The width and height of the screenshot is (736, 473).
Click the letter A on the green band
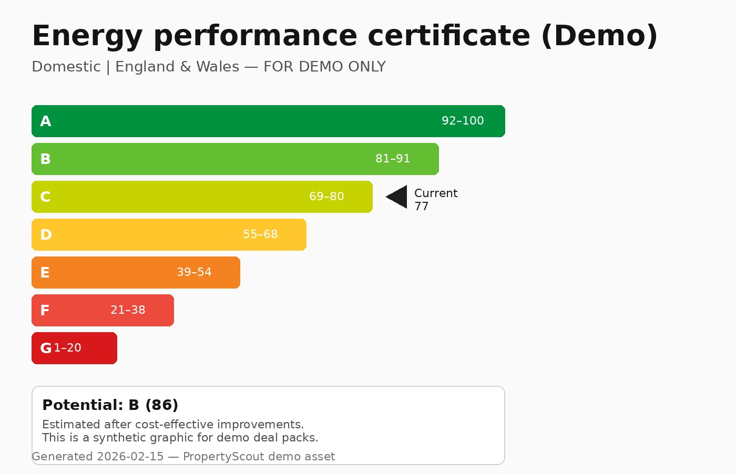(46, 121)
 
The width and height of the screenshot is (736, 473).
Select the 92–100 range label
(463, 121)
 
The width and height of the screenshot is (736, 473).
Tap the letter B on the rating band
(46, 159)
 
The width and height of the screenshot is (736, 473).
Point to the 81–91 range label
(393, 159)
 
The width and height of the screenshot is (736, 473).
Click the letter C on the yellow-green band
(46, 197)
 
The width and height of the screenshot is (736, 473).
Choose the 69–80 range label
(326, 197)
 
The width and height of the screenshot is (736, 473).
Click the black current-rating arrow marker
(398, 197)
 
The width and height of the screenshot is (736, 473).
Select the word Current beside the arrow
(436, 193)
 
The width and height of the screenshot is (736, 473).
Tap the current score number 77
(422, 207)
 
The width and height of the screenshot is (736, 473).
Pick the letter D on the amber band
(46, 235)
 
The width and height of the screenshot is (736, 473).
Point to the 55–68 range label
(260, 234)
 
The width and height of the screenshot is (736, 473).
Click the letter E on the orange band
(45, 273)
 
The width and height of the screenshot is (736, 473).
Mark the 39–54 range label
(194, 272)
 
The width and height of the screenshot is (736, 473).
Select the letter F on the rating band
(45, 311)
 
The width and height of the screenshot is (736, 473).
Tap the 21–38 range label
(128, 310)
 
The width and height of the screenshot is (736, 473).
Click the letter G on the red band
(46, 348)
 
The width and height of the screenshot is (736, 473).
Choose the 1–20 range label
(68, 348)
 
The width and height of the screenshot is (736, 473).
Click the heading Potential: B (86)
(110, 405)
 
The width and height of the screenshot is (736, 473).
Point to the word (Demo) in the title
(599, 36)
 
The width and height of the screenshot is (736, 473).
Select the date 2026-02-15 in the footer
(130, 457)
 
